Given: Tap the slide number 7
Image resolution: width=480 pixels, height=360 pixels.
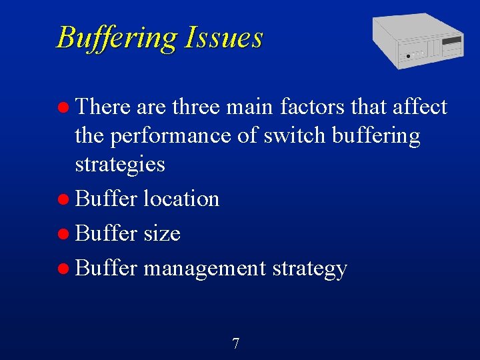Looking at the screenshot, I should pos(235,344).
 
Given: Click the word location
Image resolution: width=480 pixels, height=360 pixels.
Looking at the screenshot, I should pos(181,199).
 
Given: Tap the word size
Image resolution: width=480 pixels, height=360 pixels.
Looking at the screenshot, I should pos(162,233).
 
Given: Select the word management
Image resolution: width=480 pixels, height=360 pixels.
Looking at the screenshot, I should pos(205,269).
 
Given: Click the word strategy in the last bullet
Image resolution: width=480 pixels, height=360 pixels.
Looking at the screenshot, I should pos(309,269).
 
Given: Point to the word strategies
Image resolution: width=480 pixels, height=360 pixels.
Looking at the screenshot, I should pos(120,164).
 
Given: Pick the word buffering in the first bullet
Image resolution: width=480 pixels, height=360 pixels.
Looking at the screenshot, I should pos(376,136).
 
